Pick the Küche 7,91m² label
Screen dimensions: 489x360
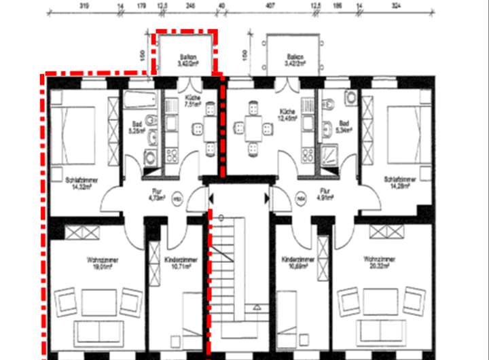pyautogui.click(x=193, y=101)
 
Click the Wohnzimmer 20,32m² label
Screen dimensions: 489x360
pyautogui.click(x=378, y=262)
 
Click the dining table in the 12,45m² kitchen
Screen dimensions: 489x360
pyautogui.click(x=249, y=127)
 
